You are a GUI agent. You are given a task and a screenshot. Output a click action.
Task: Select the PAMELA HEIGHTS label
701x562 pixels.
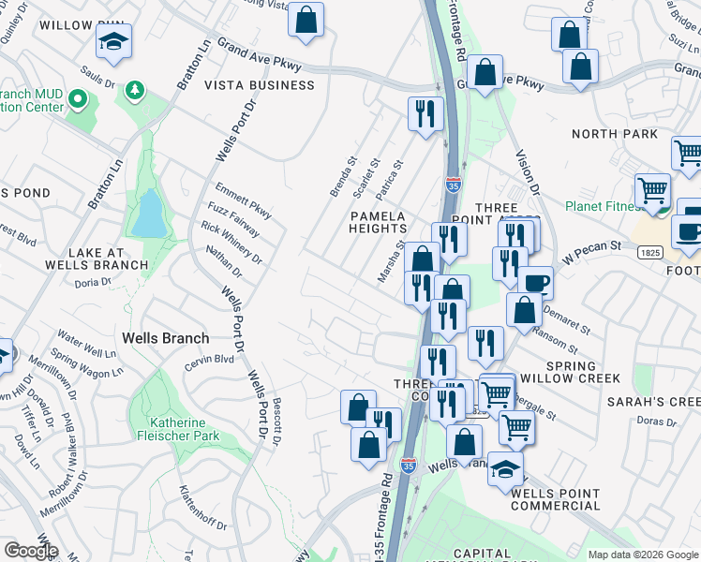click(x=379, y=221)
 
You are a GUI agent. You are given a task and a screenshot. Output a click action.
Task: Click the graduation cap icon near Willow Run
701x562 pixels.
click(x=113, y=41)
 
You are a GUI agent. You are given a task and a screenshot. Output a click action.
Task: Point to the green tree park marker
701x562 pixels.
click(x=136, y=89)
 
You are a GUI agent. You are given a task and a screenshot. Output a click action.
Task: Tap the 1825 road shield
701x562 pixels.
click(x=672, y=253)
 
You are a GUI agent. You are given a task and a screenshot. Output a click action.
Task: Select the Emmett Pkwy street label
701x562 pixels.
click(x=243, y=200)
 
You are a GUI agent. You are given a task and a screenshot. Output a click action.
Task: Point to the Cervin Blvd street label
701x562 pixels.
click(x=209, y=360)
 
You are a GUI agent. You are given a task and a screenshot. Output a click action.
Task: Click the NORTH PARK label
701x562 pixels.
click(x=615, y=134)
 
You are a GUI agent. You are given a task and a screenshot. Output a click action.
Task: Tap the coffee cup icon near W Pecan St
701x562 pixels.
click(x=535, y=283)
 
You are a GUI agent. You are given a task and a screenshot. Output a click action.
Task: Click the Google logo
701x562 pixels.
click(x=30, y=551)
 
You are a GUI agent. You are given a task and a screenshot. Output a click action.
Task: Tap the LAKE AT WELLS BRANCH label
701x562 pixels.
click(x=108, y=258)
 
